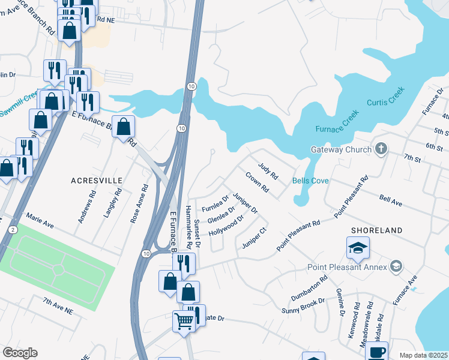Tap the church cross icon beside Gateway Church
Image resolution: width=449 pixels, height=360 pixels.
(381, 149)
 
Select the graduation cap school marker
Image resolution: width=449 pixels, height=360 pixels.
(357, 248)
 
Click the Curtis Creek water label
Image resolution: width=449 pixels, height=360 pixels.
(386, 95)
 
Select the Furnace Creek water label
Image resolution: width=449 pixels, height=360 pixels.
(337, 121)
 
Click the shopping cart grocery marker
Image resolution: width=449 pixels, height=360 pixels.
(183, 320)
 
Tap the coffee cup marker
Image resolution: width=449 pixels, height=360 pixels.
(376, 352)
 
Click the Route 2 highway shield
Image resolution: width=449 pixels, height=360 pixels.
(13, 230)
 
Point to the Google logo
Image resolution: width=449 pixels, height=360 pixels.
(20, 353)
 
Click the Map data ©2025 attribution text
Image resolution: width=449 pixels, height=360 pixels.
(423, 355)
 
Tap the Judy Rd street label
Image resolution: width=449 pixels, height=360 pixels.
(268, 171)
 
